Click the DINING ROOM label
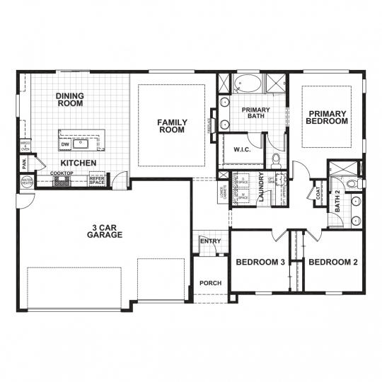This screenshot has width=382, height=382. [x=69, y=100]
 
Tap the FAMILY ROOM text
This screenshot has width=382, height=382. [x=171, y=126]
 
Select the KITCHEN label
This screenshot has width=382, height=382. [x=78, y=163]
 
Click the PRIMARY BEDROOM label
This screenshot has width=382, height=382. [x=327, y=117]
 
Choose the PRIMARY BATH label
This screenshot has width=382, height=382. [x=251, y=114]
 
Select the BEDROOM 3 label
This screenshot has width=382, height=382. [x=260, y=262]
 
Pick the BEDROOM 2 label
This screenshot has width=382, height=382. [x=333, y=262]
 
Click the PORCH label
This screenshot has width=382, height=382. [x=210, y=283]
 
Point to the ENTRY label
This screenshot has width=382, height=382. [x=210, y=241]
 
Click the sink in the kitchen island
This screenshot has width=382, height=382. [x=82, y=143]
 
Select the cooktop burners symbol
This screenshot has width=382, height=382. [x=62, y=182]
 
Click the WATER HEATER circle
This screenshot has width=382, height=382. [x=27, y=183]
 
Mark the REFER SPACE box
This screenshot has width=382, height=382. [x=97, y=181]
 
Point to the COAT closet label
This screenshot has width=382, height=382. [x=318, y=192]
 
